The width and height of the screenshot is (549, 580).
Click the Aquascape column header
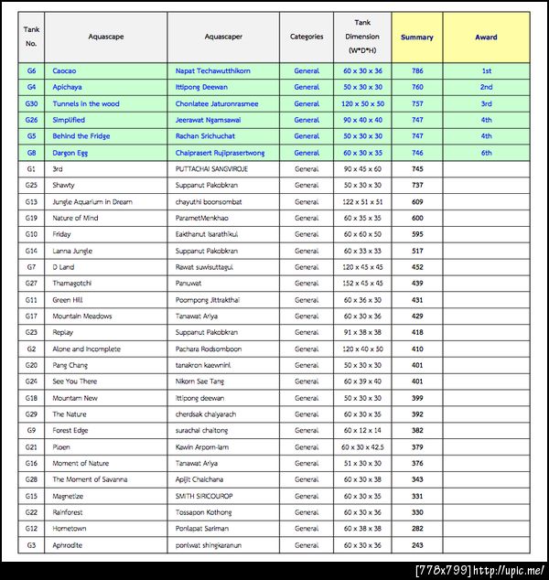105,38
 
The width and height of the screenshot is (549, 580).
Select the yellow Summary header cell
417,38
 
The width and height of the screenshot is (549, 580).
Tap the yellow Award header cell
486,38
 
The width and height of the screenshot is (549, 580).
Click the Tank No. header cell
31,38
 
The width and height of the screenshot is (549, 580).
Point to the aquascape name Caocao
64,70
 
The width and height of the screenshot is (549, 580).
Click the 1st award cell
486,70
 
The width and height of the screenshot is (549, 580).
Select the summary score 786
417,70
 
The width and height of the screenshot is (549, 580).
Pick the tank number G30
31,103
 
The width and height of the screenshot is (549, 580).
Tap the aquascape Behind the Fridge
81,136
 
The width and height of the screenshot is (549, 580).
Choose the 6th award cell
486,153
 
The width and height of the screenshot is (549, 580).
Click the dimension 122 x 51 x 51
362,201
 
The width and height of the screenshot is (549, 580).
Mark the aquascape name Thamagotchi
75,284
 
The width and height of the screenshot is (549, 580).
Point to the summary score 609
417,201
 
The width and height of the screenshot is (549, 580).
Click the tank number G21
31,446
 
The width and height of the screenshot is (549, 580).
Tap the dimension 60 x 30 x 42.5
362,446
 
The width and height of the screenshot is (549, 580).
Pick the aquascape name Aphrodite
67,545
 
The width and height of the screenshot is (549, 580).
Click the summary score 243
417,545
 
